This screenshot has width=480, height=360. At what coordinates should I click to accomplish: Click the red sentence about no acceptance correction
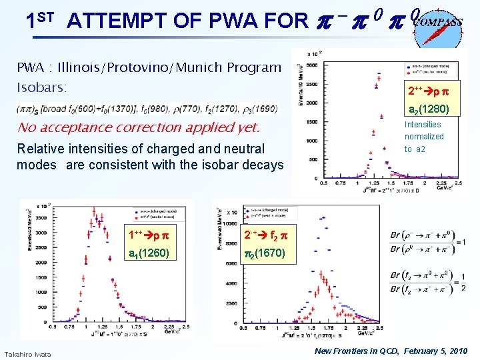click(x=138, y=127)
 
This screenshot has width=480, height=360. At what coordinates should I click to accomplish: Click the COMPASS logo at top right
click(x=438, y=25)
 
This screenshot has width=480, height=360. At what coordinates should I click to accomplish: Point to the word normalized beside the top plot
click(x=424, y=136)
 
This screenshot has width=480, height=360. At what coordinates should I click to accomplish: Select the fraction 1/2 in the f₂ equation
click(x=463, y=281)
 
